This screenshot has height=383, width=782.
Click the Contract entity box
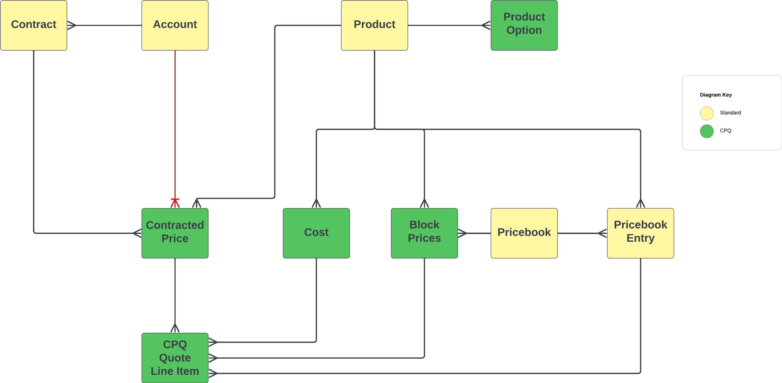point(33,25)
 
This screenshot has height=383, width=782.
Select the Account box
point(175,25)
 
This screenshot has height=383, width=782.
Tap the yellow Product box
point(374,25)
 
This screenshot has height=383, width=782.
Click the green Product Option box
point(524,25)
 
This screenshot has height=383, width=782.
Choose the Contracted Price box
point(175,233)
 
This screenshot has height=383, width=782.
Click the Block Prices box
point(424,233)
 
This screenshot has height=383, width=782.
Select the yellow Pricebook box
point(524,233)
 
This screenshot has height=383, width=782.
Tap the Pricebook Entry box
point(640,233)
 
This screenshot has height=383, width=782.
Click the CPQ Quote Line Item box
point(175,358)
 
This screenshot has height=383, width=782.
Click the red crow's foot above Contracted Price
point(175,203)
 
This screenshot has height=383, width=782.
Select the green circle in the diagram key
point(707,131)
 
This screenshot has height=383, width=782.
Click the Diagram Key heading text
point(715,95)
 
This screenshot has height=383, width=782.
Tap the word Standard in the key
point(730,113)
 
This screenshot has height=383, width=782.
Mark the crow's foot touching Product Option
point(486,25)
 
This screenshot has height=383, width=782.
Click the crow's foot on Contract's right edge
point(71,25)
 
